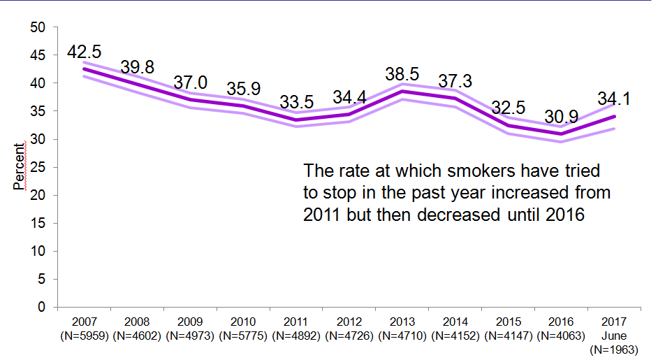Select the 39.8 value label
tap(137, 67)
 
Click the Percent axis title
tap(19, 166)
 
